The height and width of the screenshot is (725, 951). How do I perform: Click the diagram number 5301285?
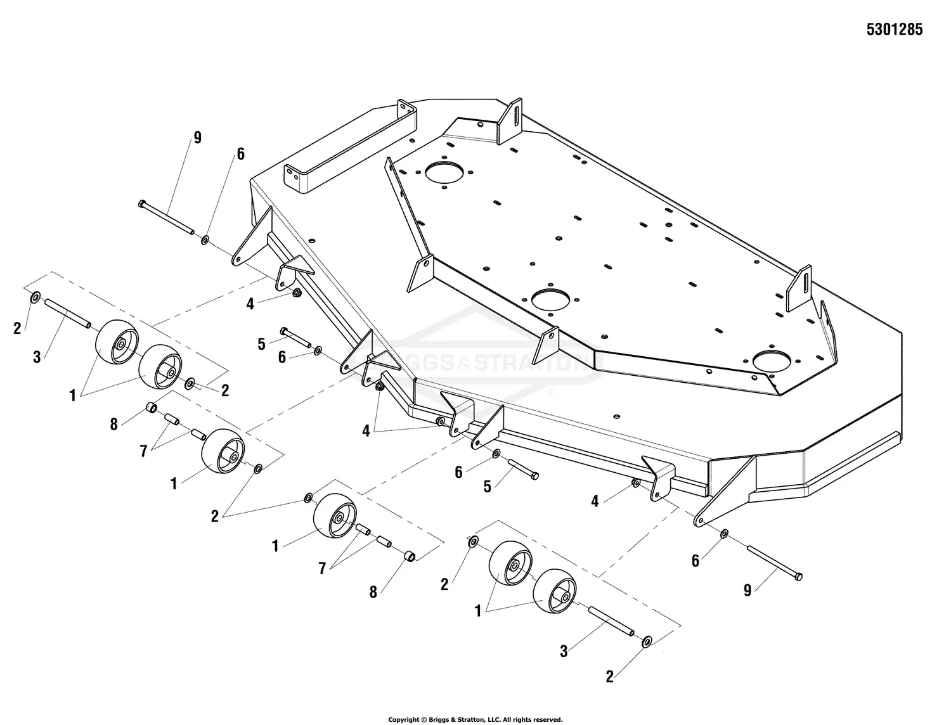pos(895,29)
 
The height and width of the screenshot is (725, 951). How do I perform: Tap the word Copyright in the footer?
pos(404,720)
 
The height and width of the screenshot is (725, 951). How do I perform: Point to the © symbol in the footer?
pos(424,720)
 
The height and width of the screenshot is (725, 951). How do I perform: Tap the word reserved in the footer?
pos(547,720)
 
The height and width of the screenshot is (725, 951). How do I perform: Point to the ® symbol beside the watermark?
pos(551,392)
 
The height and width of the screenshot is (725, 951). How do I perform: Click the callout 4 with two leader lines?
pos(366,431)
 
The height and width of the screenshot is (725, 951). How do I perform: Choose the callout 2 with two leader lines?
pos(214,516)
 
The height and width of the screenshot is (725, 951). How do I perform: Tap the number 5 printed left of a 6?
pos(261,344)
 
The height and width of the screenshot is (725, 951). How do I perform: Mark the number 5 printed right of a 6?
pos(488,487)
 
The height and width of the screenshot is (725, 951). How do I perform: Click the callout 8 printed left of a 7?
pos(113,425)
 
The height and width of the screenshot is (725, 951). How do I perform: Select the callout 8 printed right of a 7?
pos(373,592)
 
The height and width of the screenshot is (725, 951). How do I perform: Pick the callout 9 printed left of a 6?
pos(198,138)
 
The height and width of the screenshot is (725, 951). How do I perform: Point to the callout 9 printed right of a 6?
pos(747,590)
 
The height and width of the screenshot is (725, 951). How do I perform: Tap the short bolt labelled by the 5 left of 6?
pos(295,337)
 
